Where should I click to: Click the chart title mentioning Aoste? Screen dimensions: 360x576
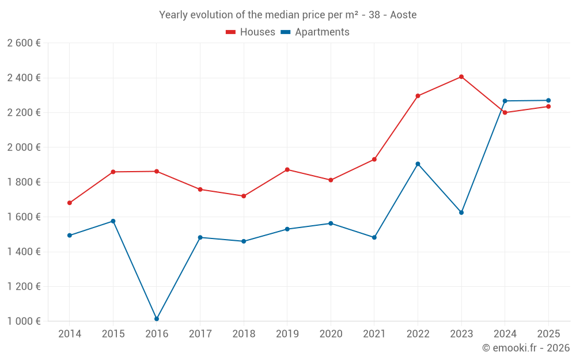287,15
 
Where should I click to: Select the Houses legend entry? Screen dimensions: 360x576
251,32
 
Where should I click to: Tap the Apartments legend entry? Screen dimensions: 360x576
315,32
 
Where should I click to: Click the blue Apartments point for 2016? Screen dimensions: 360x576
157,319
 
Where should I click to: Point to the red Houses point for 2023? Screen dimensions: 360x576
461,77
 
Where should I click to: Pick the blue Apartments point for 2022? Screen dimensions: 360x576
418,164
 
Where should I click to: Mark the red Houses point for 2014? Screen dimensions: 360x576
70,203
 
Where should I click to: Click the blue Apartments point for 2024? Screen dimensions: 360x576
505,101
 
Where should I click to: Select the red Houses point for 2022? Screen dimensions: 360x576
418,96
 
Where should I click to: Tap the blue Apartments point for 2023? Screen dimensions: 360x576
461,213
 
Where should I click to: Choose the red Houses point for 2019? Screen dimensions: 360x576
287,169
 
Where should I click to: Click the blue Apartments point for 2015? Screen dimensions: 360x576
113,221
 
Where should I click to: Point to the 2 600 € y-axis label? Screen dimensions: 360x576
24,43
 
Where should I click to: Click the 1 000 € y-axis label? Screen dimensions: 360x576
24,321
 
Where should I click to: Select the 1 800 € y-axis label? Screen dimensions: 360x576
24,182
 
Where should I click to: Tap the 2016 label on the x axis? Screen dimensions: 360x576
157,334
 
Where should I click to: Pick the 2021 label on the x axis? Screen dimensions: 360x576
374,334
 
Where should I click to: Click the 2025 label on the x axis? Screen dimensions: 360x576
548,334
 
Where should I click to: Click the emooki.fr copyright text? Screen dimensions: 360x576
525,348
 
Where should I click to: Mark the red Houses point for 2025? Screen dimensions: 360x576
548,107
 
